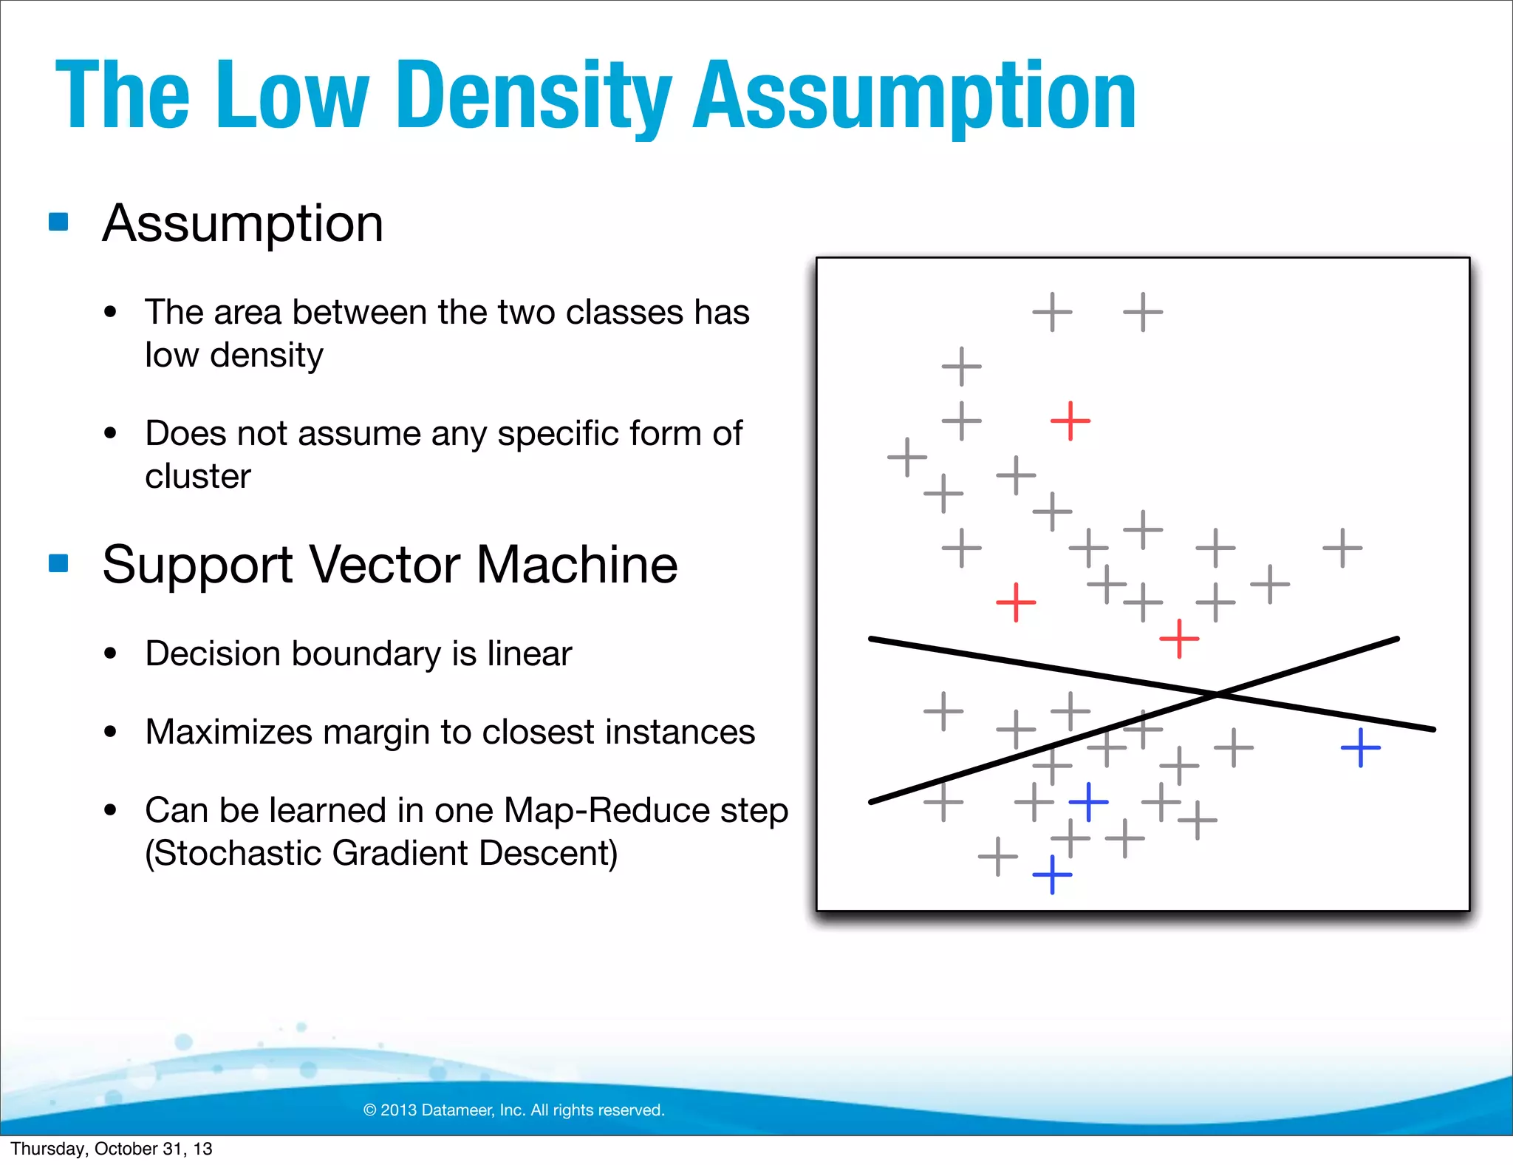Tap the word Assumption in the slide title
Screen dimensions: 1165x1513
[914, 96]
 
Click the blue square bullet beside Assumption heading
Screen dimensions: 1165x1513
[58, 222]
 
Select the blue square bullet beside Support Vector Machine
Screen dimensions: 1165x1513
[58, 563]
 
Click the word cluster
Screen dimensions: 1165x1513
[198, 476]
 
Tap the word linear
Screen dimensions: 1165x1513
[529, 653]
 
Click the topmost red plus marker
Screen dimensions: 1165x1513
[1070, 421]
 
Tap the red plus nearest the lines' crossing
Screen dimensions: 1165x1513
[1179, 639]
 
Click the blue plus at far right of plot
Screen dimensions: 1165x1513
[1361, 747]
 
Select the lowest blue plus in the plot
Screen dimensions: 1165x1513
[1052, 874]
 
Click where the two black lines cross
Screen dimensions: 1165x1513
[1217, 694]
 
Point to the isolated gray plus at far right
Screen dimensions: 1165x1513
[1342, 548]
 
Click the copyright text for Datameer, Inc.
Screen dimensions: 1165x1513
[514, 1110]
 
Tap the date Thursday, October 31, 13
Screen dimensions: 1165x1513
[112, 1149]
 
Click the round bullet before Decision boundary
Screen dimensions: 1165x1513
[111, 653]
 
